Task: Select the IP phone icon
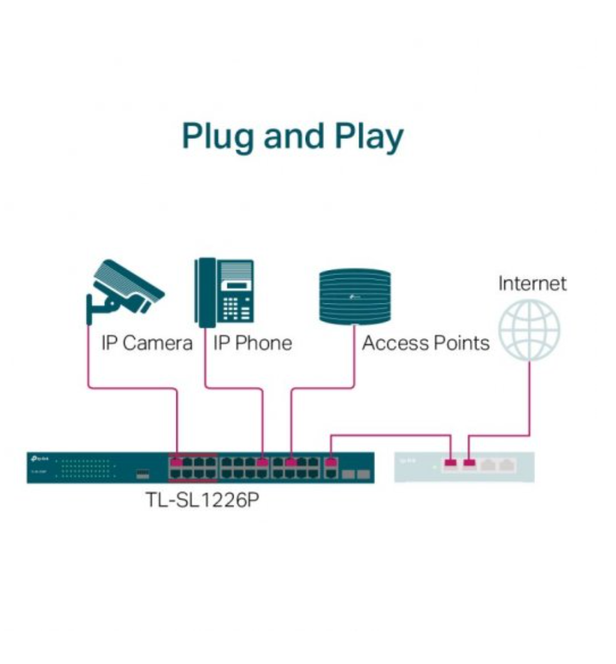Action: click(225, 292)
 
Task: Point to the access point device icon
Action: click(355, 295)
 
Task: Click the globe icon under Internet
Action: click(529, 330)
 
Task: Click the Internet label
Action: click(532, 283)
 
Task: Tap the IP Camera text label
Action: click(147, 343)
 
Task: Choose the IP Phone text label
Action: click(252, 343)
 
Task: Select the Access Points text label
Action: click(426, 343)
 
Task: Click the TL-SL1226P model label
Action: click(202, 503)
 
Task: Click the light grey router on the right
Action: click(464, 467)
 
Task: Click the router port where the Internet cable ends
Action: click(469, 464)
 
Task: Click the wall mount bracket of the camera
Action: click(94, 308)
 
